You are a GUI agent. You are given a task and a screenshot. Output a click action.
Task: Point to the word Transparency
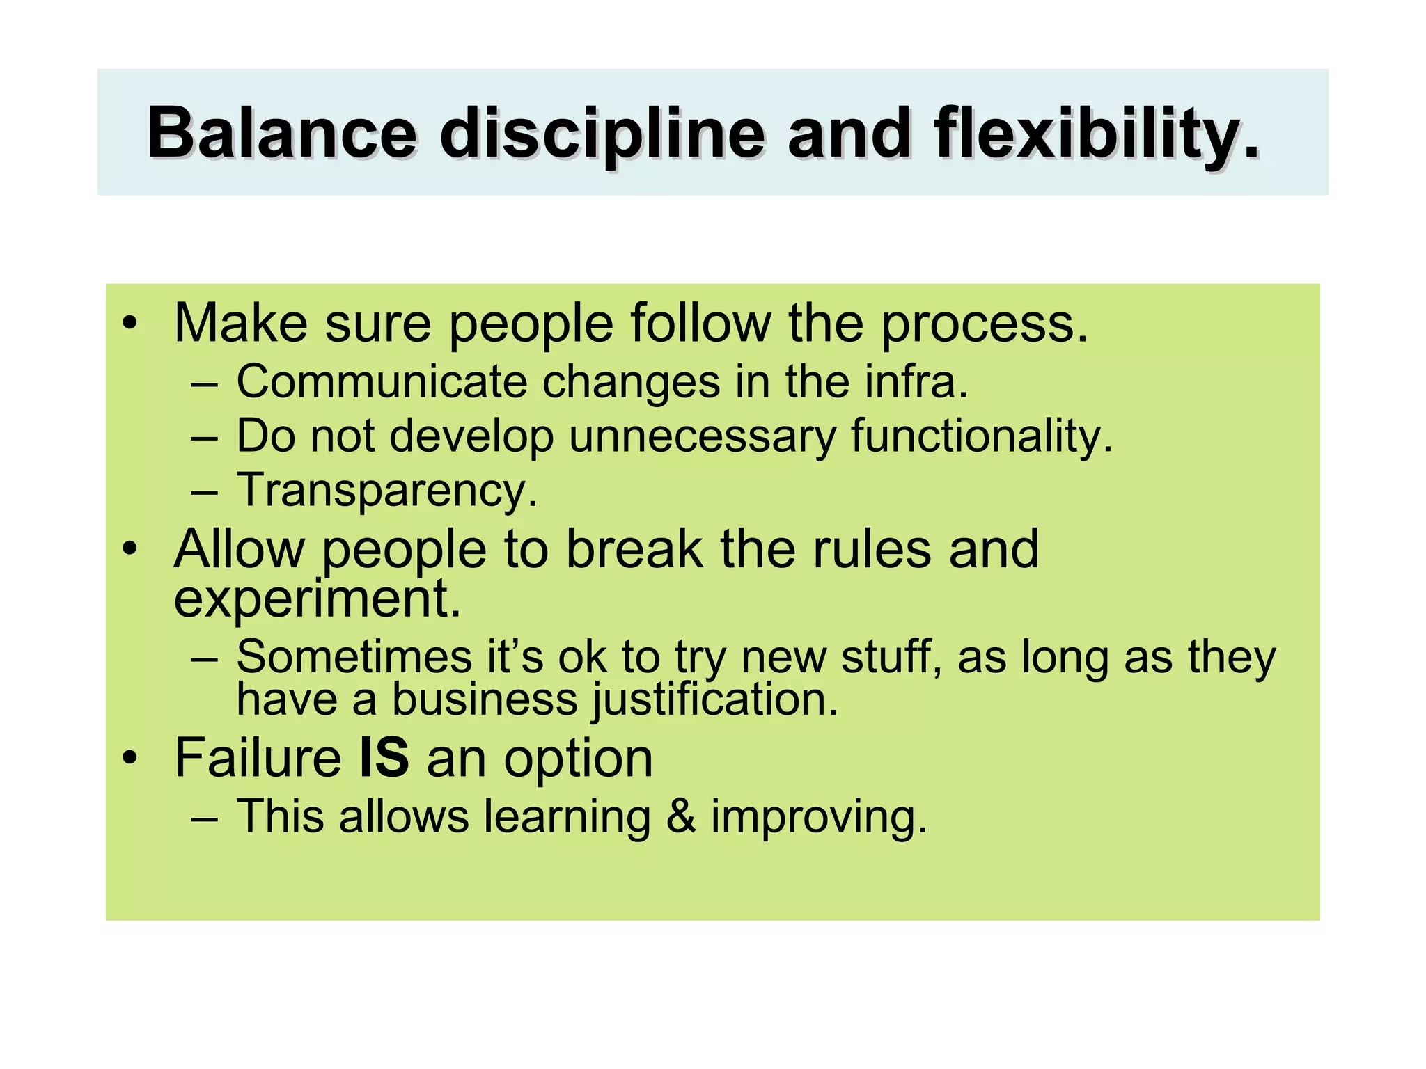click(387, 490)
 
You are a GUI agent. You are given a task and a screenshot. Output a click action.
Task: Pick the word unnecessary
click(702, 436)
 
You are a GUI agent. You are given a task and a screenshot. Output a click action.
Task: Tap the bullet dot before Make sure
click(130, 324)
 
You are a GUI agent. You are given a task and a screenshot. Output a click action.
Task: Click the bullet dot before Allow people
click(130, 550)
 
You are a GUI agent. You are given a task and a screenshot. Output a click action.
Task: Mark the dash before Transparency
click(204, 491)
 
